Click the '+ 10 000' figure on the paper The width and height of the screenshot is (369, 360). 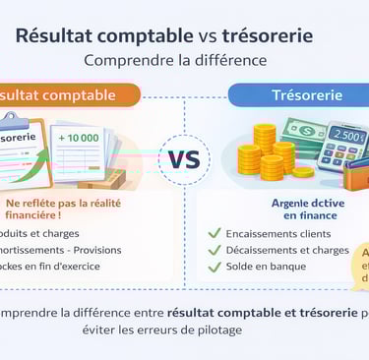78,137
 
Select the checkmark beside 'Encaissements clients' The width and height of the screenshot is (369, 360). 214,233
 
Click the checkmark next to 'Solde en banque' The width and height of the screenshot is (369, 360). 214,267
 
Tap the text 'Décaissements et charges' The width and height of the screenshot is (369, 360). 286,250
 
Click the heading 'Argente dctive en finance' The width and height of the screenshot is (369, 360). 282,208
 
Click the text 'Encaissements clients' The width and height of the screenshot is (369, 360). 278,233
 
